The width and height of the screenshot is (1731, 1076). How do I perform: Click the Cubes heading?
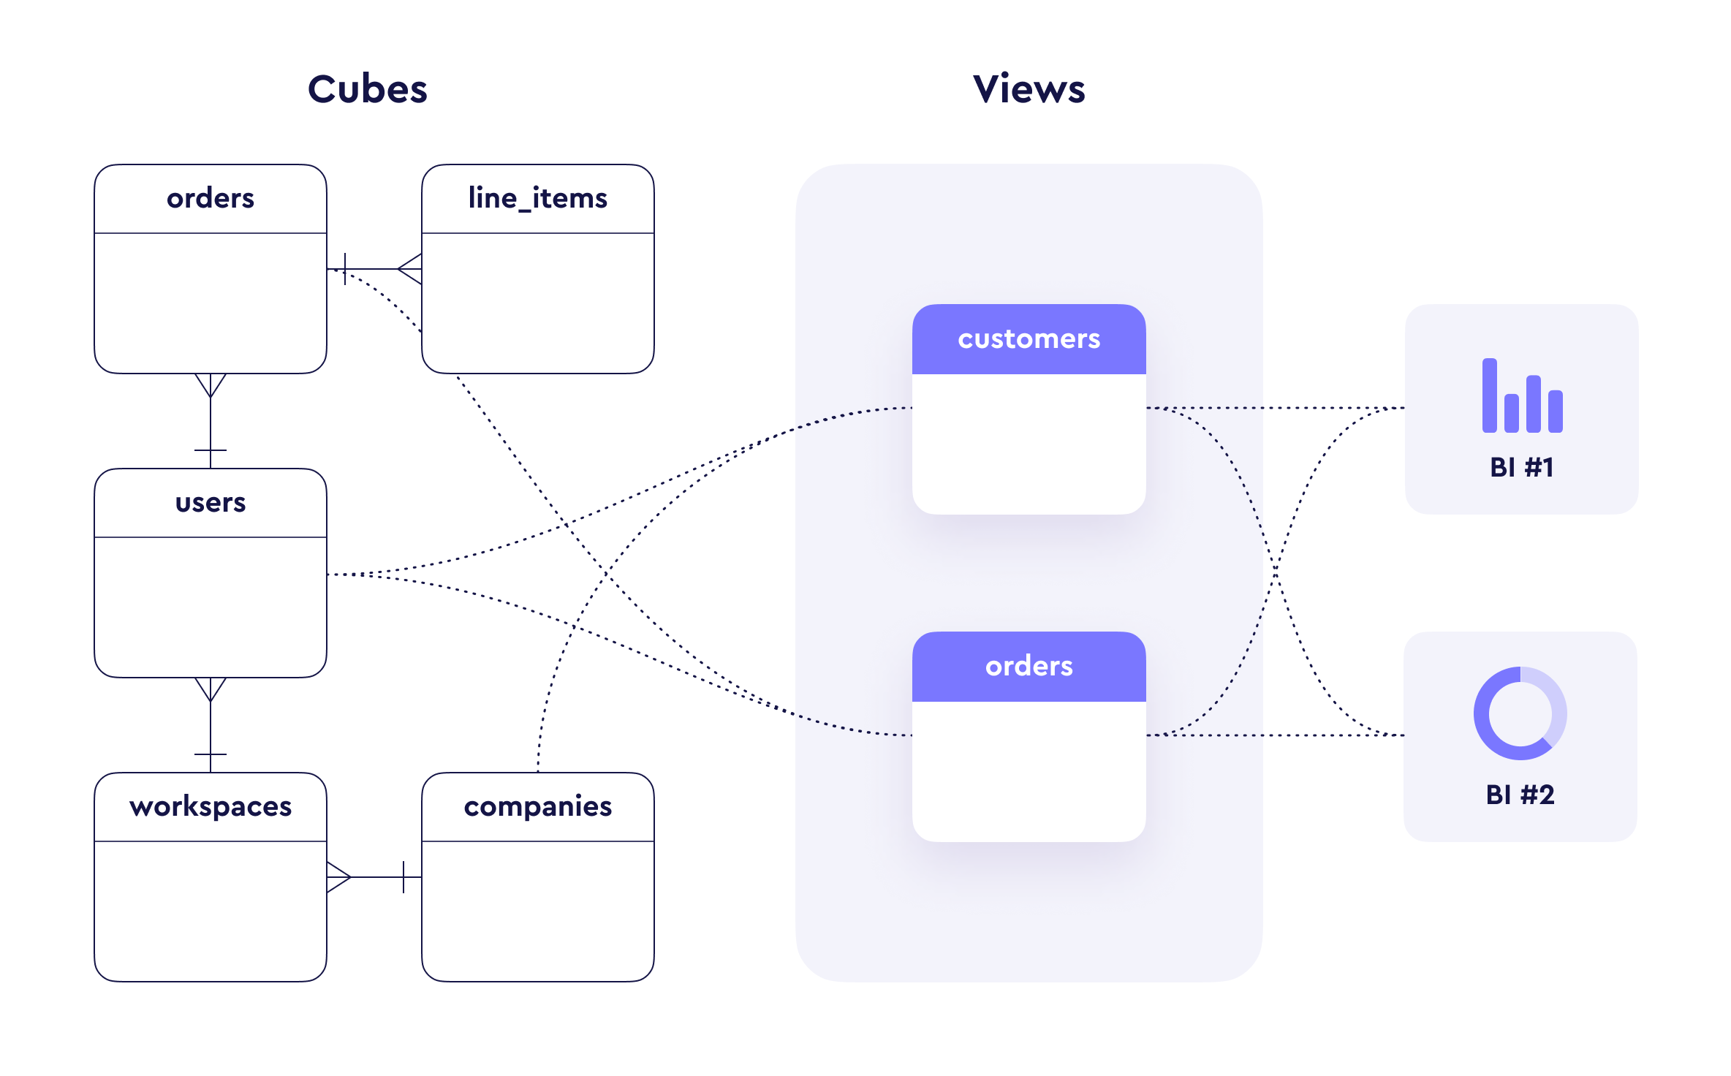coord(367,89)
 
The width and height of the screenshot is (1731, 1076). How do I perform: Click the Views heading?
coord(1029,89)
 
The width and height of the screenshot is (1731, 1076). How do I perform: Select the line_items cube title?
coord(537,198)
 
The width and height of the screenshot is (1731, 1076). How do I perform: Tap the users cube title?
coord(211,502)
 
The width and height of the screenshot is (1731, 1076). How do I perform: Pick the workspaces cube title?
coord(211,806)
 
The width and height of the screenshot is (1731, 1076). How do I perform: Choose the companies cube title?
coord(537,806)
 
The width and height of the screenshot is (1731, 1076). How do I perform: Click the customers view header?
coord(1029,339)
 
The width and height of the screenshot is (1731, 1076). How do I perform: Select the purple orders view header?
coord(1029,666)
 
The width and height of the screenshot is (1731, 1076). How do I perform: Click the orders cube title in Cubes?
coord(211,198)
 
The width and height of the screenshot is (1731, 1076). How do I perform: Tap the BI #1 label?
coord(1521,467)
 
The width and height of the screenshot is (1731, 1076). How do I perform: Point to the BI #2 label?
coord(1520,795)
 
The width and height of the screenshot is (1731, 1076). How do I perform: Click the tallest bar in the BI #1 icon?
coord(1489,395)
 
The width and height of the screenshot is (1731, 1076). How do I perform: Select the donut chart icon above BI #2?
coord(1520,713)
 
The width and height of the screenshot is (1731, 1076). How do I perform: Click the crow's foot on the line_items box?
coord(410,269)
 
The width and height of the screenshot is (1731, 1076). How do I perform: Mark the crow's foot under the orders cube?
coord(211,385)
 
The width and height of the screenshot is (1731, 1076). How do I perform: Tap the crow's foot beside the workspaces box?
coord(338,876)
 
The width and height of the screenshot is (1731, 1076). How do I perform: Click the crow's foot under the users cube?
coord(211,689)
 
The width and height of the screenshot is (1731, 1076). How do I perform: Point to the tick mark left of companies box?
coord(404,876)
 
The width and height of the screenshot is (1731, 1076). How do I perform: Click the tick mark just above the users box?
coord(211,450)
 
